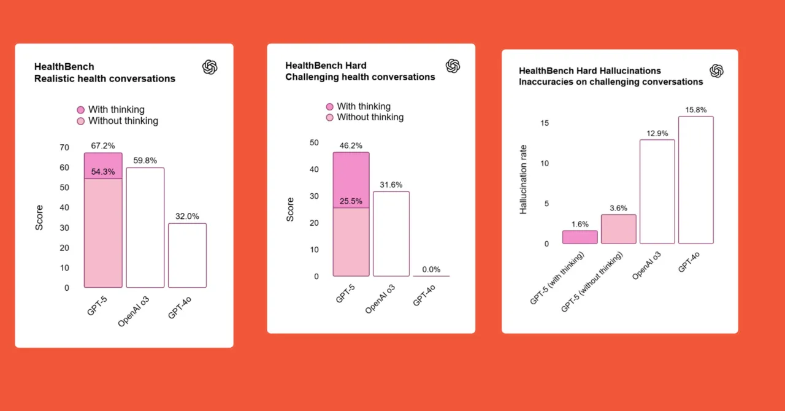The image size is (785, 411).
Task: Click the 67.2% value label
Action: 103,146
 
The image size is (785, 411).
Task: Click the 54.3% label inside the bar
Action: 103,172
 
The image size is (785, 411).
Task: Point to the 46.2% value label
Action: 351,146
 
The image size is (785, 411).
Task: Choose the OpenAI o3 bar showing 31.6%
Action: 391,234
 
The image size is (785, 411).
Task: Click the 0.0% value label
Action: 431,269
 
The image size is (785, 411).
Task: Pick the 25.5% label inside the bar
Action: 351,201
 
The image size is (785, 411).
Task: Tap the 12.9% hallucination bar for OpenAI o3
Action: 657,191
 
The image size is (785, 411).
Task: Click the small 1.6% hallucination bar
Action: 580,237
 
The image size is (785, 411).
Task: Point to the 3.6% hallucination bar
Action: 619,229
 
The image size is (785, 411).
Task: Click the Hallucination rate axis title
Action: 523,179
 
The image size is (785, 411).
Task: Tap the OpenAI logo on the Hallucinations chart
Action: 716,71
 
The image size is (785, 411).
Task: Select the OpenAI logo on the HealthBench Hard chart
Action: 453,66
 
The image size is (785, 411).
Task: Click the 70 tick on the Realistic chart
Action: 64,147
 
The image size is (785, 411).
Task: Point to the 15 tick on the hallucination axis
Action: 545,123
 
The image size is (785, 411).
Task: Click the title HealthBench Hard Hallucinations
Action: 590,71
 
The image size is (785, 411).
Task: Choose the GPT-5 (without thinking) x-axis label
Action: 594,281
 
